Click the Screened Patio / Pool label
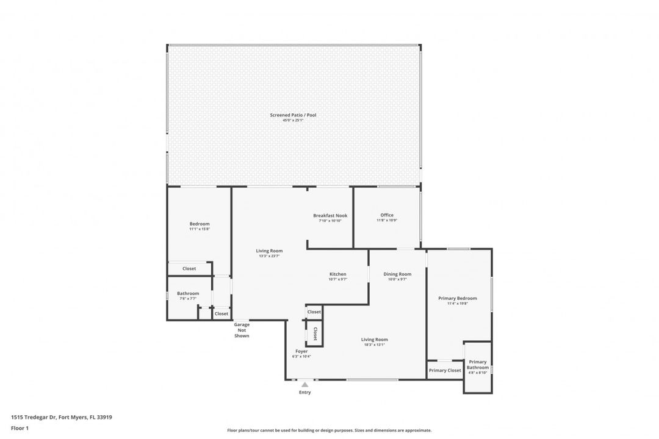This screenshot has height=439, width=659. (293, 115)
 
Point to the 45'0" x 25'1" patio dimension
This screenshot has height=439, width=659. (293, 121)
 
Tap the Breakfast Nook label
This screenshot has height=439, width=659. (330, 215)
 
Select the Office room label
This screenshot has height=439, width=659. (387, 215)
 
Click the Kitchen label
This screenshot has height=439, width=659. (337, 274)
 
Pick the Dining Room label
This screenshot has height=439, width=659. (397, 274)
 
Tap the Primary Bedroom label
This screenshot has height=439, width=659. (458, 298)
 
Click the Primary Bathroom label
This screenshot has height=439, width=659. (478, 365)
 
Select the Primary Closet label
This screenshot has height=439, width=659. (445, 370)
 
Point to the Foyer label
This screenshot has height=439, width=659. (301, 351)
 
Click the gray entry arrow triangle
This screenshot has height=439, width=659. (304, 384)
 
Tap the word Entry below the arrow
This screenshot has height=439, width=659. (304, 392)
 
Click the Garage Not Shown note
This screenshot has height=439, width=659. (242, 330)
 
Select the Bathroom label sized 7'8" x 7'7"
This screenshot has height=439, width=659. (188, 293)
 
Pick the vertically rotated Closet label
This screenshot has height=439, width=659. (315, 334)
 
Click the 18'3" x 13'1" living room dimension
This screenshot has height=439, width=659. (374, 344)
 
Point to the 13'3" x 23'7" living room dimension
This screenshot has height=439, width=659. (268, 256)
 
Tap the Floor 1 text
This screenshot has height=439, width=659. (20, 428)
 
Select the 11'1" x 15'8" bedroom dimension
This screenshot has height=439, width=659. (199, 229)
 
